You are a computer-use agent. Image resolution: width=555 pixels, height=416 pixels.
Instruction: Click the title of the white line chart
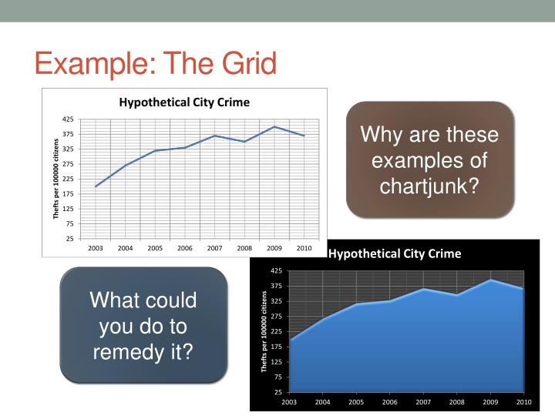(x=183, y=102)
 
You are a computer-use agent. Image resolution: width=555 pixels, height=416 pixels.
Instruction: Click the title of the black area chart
(x=395, y=253)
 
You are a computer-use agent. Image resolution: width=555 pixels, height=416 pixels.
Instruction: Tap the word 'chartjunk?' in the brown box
(x=429, y=186)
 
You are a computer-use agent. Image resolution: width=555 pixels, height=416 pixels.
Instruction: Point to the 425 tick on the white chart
(x=68, y=119)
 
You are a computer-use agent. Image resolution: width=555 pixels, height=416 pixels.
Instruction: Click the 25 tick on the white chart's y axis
(x=70, y=239)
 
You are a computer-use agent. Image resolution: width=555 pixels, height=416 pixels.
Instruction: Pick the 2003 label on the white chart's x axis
(x=96, y=248)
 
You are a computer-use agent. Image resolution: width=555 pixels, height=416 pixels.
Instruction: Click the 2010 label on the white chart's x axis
(x=304, y=248)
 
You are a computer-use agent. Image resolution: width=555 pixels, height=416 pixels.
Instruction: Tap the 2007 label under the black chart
(x=423, y=402)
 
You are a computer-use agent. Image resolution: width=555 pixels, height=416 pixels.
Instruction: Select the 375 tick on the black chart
(x=277, y=286)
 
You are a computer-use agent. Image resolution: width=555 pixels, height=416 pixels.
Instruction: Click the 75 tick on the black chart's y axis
(x=278, y=377)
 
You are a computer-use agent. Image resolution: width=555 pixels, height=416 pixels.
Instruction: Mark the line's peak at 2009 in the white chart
(x=274, y=126)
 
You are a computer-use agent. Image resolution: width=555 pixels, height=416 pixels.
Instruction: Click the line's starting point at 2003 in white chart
(x=96, y=186)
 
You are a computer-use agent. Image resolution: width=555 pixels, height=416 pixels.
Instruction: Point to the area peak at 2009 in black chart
(x=490, y=279)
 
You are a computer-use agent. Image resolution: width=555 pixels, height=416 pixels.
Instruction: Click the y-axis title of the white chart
(x=55, y=179)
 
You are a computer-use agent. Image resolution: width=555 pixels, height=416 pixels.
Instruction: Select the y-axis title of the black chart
(x=264, y=331)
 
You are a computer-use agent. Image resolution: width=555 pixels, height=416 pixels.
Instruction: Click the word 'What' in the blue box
(x=116, y=300)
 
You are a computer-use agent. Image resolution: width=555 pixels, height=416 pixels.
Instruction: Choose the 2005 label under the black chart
(x=356, y=402)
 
